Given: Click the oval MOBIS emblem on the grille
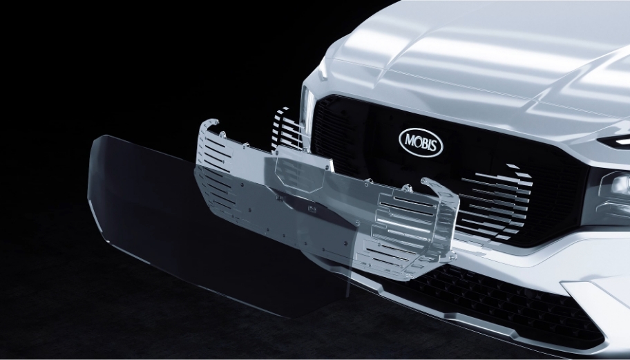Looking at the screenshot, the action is tap(421, 142).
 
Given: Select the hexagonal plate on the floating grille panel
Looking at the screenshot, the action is tap(300, 171).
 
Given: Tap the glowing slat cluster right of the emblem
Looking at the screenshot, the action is tap(496, 201).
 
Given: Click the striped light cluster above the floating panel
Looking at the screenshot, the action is tap(286, 129).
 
